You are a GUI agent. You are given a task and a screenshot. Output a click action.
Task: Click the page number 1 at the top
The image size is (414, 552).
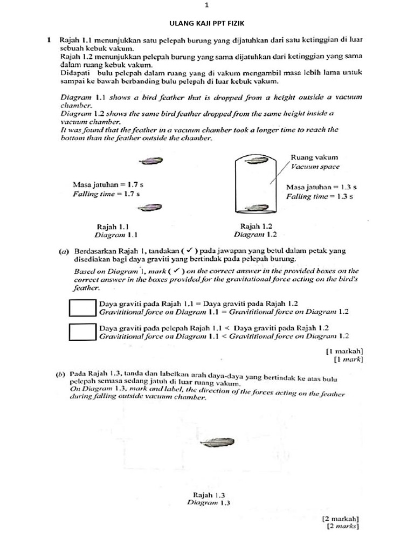tap(206, 5)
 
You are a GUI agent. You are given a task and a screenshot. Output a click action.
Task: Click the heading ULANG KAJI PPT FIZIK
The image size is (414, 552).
tap(206, 24)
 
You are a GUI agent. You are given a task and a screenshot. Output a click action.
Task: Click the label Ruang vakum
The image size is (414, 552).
tap(314, 157)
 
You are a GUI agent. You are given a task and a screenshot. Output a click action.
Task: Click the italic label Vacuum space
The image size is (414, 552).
tap(315, 167)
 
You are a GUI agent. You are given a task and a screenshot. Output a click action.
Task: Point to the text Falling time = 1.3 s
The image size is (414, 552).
tap(320, 196)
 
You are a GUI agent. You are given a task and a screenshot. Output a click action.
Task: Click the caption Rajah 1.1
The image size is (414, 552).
tap(112, 226)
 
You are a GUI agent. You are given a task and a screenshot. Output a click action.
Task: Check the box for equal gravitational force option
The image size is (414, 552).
tap(82, 307)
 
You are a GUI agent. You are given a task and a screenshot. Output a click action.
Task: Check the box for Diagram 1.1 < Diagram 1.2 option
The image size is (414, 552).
tap(82, 332)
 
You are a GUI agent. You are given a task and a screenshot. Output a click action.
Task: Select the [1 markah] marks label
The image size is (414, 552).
tap(344, 350)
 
